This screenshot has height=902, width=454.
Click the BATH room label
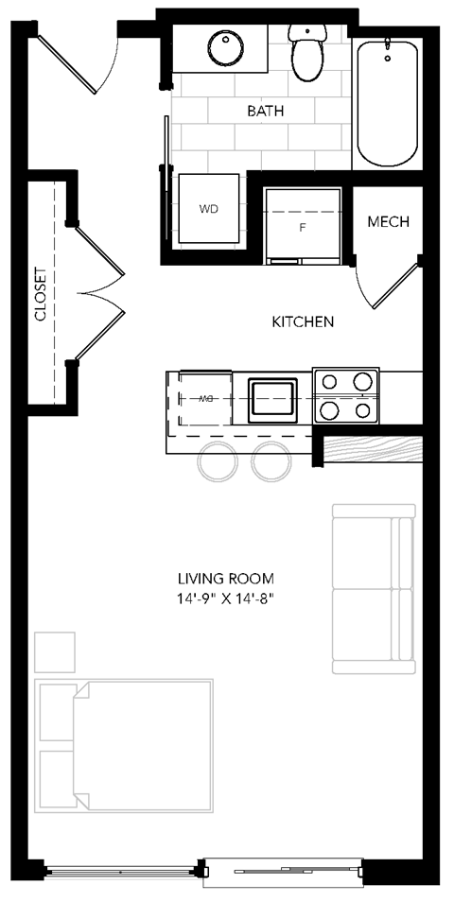(266, 111)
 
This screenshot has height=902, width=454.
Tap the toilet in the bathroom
(307, 55)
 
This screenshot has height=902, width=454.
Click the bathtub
(387, 102)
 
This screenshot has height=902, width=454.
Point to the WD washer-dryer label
(208, 209)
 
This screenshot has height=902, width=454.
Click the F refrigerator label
(303, 228)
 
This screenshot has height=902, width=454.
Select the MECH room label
(388, 222)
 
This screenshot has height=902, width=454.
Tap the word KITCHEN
(303, 321)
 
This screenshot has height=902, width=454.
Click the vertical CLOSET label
(41, 294)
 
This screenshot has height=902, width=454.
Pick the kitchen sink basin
(272, 399)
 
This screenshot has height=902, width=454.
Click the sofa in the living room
(374, 588)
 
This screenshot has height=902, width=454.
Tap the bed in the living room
(125, 744)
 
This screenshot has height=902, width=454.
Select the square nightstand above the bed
(55, 650)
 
